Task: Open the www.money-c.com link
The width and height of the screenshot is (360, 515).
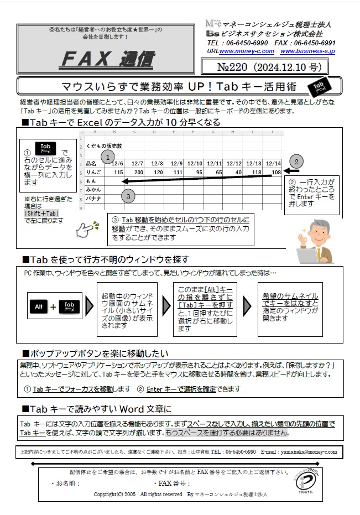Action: pyautogui.click(x=247, y=51)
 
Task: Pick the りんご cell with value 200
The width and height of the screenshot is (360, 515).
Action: pyautogui.click(x=138, y=172)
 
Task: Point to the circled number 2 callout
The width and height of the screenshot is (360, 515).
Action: pyautogui.click(x=297, y=162)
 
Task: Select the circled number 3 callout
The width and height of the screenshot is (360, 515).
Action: pyautogui.click(x=128, y=195)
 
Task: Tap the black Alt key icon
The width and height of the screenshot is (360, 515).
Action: pyautogui.click(x=39, y=306)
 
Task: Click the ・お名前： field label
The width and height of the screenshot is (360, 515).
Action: pyautogui.click(x=66, y=483)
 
